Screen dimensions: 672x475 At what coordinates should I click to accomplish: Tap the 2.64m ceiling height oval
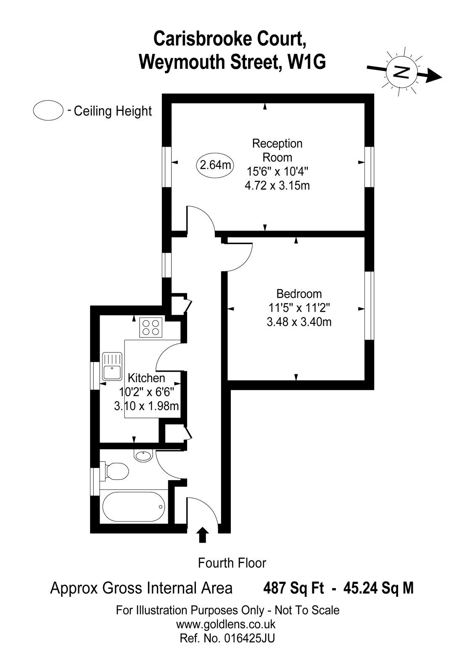tap(215, 165)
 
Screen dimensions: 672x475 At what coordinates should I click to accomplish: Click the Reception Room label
tap(277, 150)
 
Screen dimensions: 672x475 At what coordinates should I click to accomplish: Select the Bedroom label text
tap(299, 294)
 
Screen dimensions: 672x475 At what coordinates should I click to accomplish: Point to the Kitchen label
tap(146, 378)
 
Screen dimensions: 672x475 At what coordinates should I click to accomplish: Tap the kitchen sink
tap(112, 366)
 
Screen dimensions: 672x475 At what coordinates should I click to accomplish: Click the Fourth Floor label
tap(232, 563)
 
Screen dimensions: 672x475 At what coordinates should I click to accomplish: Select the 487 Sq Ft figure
tap(293, 588)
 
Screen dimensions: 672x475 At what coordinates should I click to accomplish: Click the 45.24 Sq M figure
tap(378, 588)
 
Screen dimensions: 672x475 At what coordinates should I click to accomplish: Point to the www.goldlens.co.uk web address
tap(226, 624)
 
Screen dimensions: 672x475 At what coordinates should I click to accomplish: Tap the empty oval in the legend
tap(48, 111)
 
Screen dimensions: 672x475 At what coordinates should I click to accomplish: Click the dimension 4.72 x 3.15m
tap(277, 185)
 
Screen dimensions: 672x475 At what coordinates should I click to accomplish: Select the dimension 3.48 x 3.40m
tap(299, 322)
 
